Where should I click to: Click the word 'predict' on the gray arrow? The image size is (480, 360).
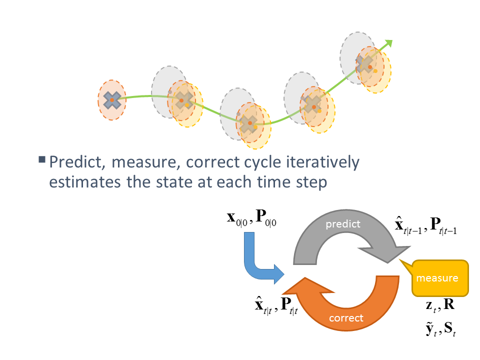343,224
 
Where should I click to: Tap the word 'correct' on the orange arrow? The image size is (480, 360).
346,318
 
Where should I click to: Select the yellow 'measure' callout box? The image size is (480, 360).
440,278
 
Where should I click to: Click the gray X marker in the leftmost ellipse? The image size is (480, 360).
111,100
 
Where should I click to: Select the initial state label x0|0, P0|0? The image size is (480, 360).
251,217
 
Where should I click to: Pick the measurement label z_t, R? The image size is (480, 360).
440,305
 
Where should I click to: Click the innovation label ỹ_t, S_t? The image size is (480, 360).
440,329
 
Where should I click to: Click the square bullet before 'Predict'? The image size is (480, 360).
42,159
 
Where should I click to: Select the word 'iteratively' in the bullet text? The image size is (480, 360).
322,162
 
